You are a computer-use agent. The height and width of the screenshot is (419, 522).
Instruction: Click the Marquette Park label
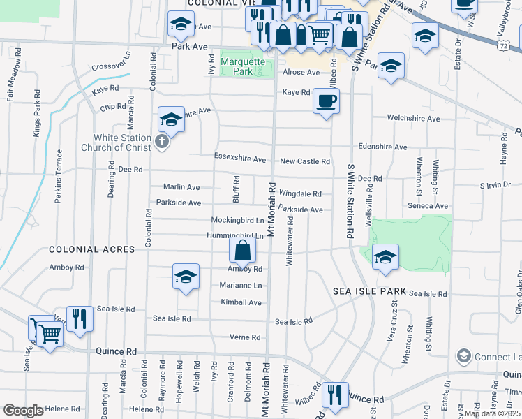[244, 66]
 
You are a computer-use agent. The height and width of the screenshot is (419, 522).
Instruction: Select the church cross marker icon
[162, 142]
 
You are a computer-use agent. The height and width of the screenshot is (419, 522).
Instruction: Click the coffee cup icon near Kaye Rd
[326, 101]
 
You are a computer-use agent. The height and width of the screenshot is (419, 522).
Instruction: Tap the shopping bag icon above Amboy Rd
[242, 250]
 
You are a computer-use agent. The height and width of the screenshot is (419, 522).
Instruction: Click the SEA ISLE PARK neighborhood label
[368, 291]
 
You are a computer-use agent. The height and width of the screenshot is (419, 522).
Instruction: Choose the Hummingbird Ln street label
[235, 236]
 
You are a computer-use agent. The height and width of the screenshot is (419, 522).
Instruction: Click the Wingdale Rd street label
[300, 193]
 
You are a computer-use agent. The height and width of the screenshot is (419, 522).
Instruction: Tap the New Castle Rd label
[304, 161]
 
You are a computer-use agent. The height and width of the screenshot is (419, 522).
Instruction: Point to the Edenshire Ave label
[381, 147]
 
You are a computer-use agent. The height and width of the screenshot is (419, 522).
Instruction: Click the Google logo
[23, 411]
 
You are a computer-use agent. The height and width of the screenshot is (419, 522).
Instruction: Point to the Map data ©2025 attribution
[492, 413]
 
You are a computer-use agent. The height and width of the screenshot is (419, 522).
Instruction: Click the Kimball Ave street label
[241, 302]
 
